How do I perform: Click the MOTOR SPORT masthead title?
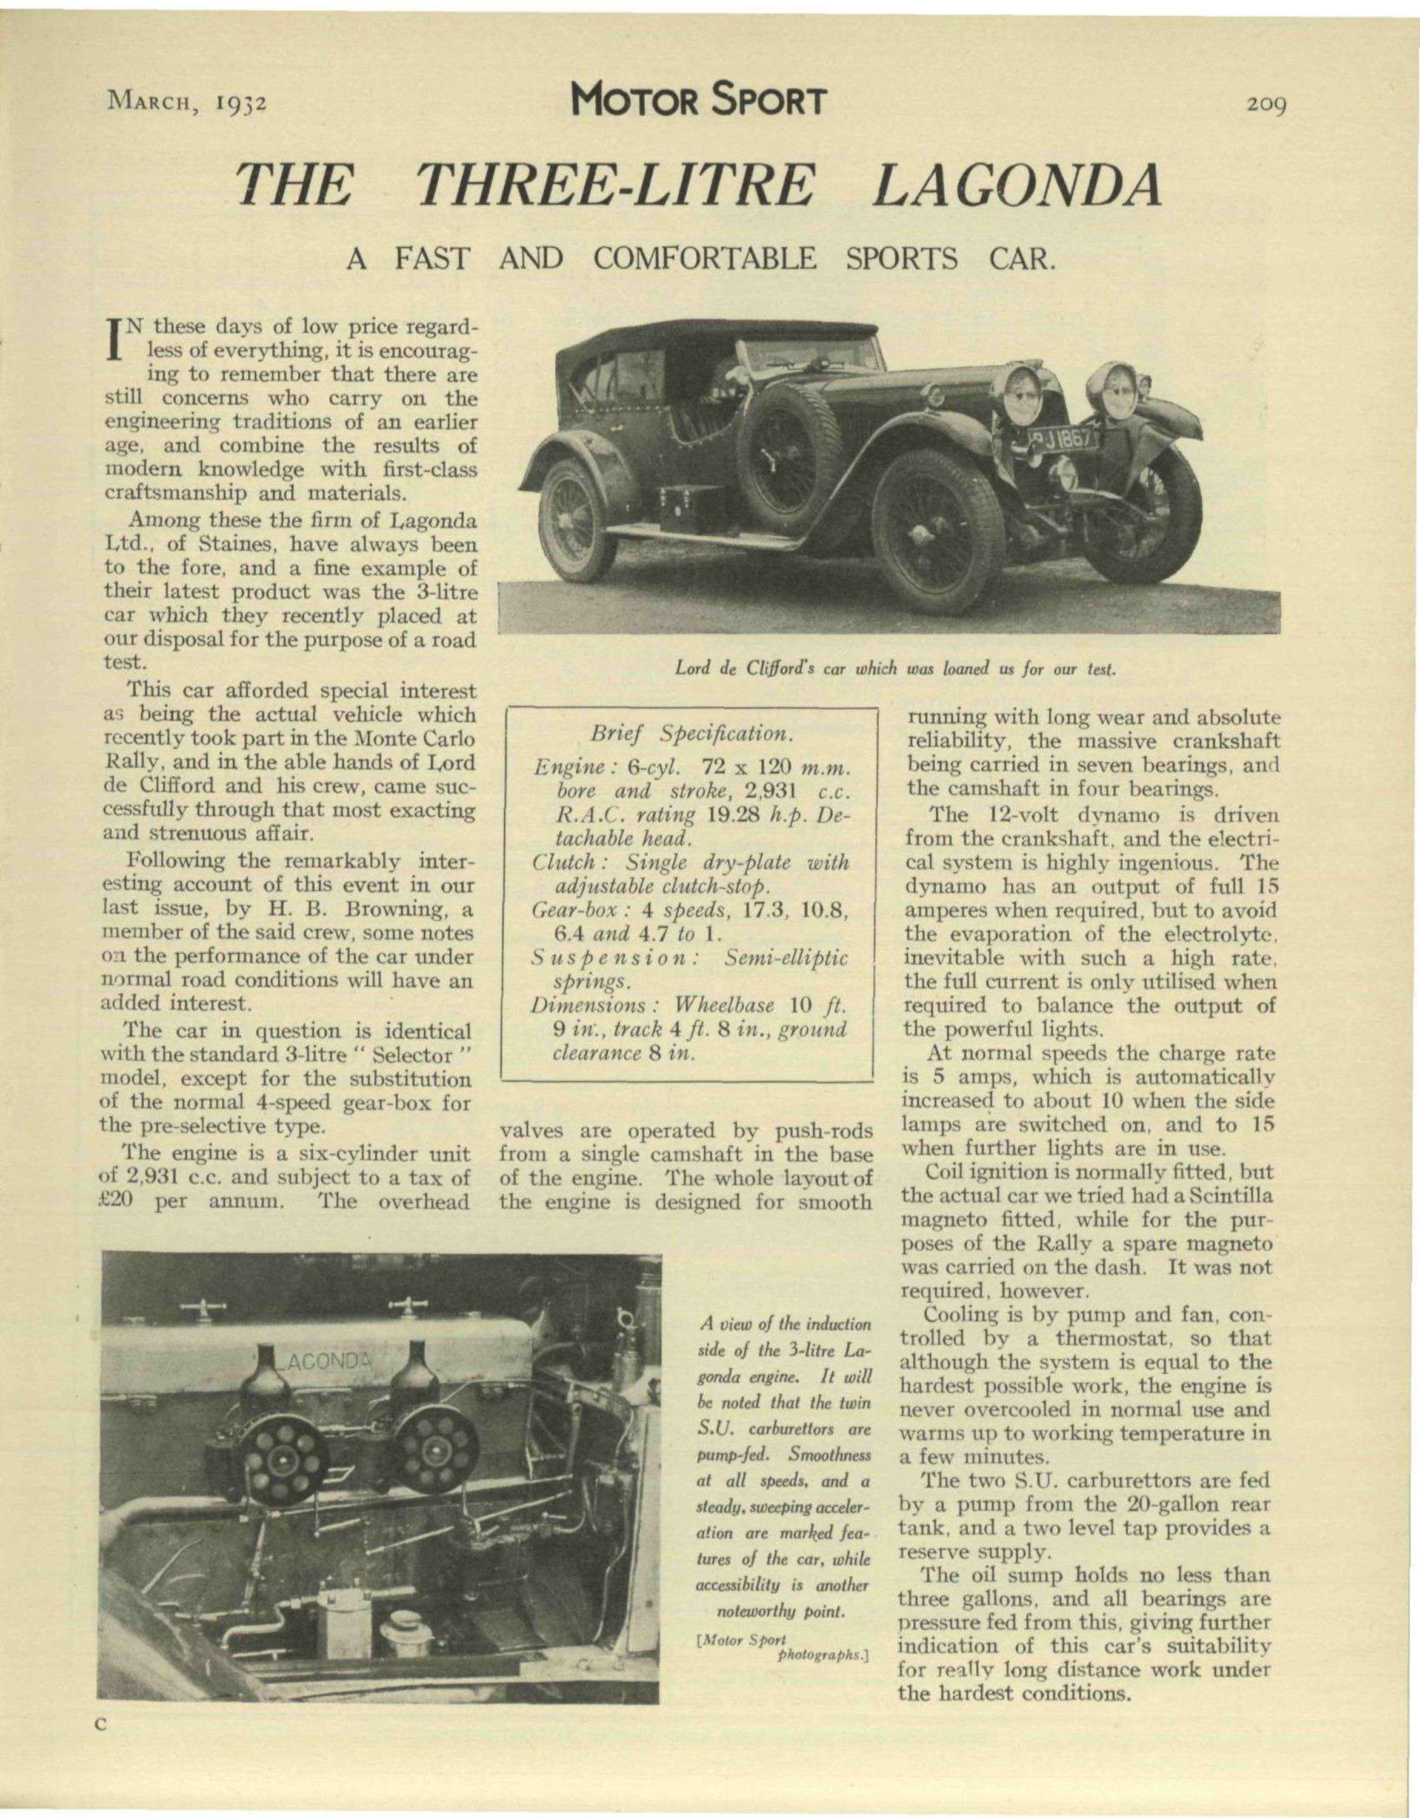pyautogui.click(x=698, y=102)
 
